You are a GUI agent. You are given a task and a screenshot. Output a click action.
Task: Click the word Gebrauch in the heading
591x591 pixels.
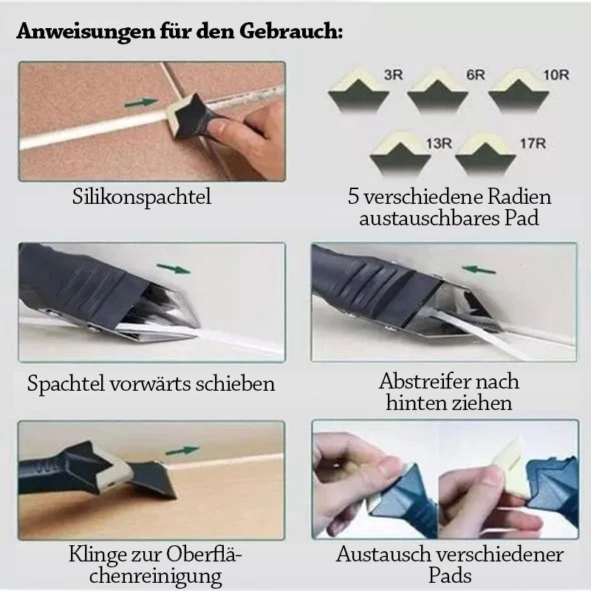pyautogui.click(x=291, y=30)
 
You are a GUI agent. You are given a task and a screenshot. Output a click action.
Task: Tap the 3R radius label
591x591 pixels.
pyautogui.click(x=394, y=75)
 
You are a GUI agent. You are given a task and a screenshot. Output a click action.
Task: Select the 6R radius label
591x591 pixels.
pyautogui.click(x=476, y=75)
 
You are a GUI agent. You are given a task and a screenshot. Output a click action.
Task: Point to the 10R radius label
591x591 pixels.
pyautogui.click(x=556, y=75)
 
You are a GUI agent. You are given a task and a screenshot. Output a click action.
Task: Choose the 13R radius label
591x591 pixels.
pyautogui.click(x=439, y=143)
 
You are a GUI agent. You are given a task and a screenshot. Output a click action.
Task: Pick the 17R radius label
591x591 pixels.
pyautogui.click(x=533, y=143)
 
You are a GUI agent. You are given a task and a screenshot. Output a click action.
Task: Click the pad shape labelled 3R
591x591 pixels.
pyautogui.click(x=358, y=90)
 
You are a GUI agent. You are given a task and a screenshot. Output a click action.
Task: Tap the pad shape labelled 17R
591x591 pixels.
pyautogui.click(x=485, y=154)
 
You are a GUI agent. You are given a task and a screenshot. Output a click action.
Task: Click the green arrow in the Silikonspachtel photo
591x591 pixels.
pyautogui.click(x=141, y=102)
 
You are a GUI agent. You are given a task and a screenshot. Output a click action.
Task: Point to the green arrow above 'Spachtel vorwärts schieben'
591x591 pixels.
pyautogui.click(x=174, y=269)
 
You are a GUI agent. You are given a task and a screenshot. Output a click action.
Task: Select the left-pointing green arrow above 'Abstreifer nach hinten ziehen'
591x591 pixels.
pyautogui.click(x=478, y=270)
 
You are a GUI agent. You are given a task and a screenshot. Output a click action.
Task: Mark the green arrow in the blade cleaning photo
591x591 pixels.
pyautogui.click(x=182, y=450)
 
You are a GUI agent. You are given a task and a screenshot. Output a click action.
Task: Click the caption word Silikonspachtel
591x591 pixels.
pyautogui.click(x=142, y=197)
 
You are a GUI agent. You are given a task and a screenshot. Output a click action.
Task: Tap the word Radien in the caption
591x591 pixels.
pyautogui.click(x=519, y=197)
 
